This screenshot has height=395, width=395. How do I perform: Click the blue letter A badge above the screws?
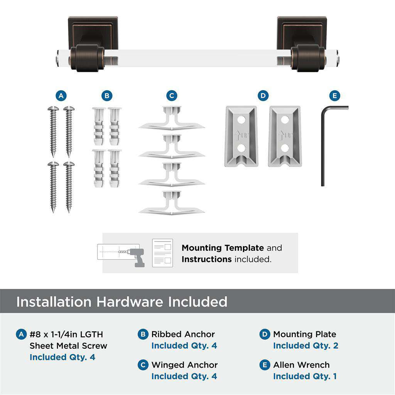tap(61, 96)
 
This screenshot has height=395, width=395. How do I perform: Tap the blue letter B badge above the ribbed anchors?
tap(107, 96)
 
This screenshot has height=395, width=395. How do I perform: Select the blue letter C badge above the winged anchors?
tap(172, 96)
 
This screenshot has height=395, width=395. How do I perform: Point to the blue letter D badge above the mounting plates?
tap(263, 96)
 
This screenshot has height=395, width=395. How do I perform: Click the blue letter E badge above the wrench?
tap(334, 96)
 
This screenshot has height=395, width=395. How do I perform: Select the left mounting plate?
tap(241, 136)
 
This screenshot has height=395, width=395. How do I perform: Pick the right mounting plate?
tap(285, 136)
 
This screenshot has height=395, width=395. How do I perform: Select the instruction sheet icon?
tap(162, 253)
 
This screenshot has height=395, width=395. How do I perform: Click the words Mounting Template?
tap(223, 248)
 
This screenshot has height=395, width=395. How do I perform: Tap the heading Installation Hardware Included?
tap(122, 302)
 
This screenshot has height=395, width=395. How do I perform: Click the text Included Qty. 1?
tap(305, 376)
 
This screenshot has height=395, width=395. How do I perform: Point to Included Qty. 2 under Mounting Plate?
tap(306, 346)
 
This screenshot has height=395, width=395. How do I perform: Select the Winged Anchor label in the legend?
tap(184, 365)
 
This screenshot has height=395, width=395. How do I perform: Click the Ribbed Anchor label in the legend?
tap(183, 334)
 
